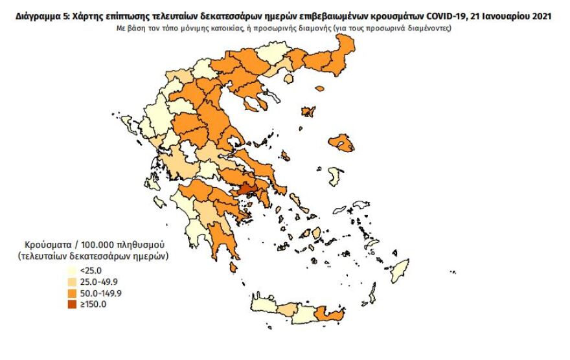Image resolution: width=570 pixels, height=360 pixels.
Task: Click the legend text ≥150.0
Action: pos(92,304)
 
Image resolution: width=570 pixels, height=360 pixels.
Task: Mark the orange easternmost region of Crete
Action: pos(330,315)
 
